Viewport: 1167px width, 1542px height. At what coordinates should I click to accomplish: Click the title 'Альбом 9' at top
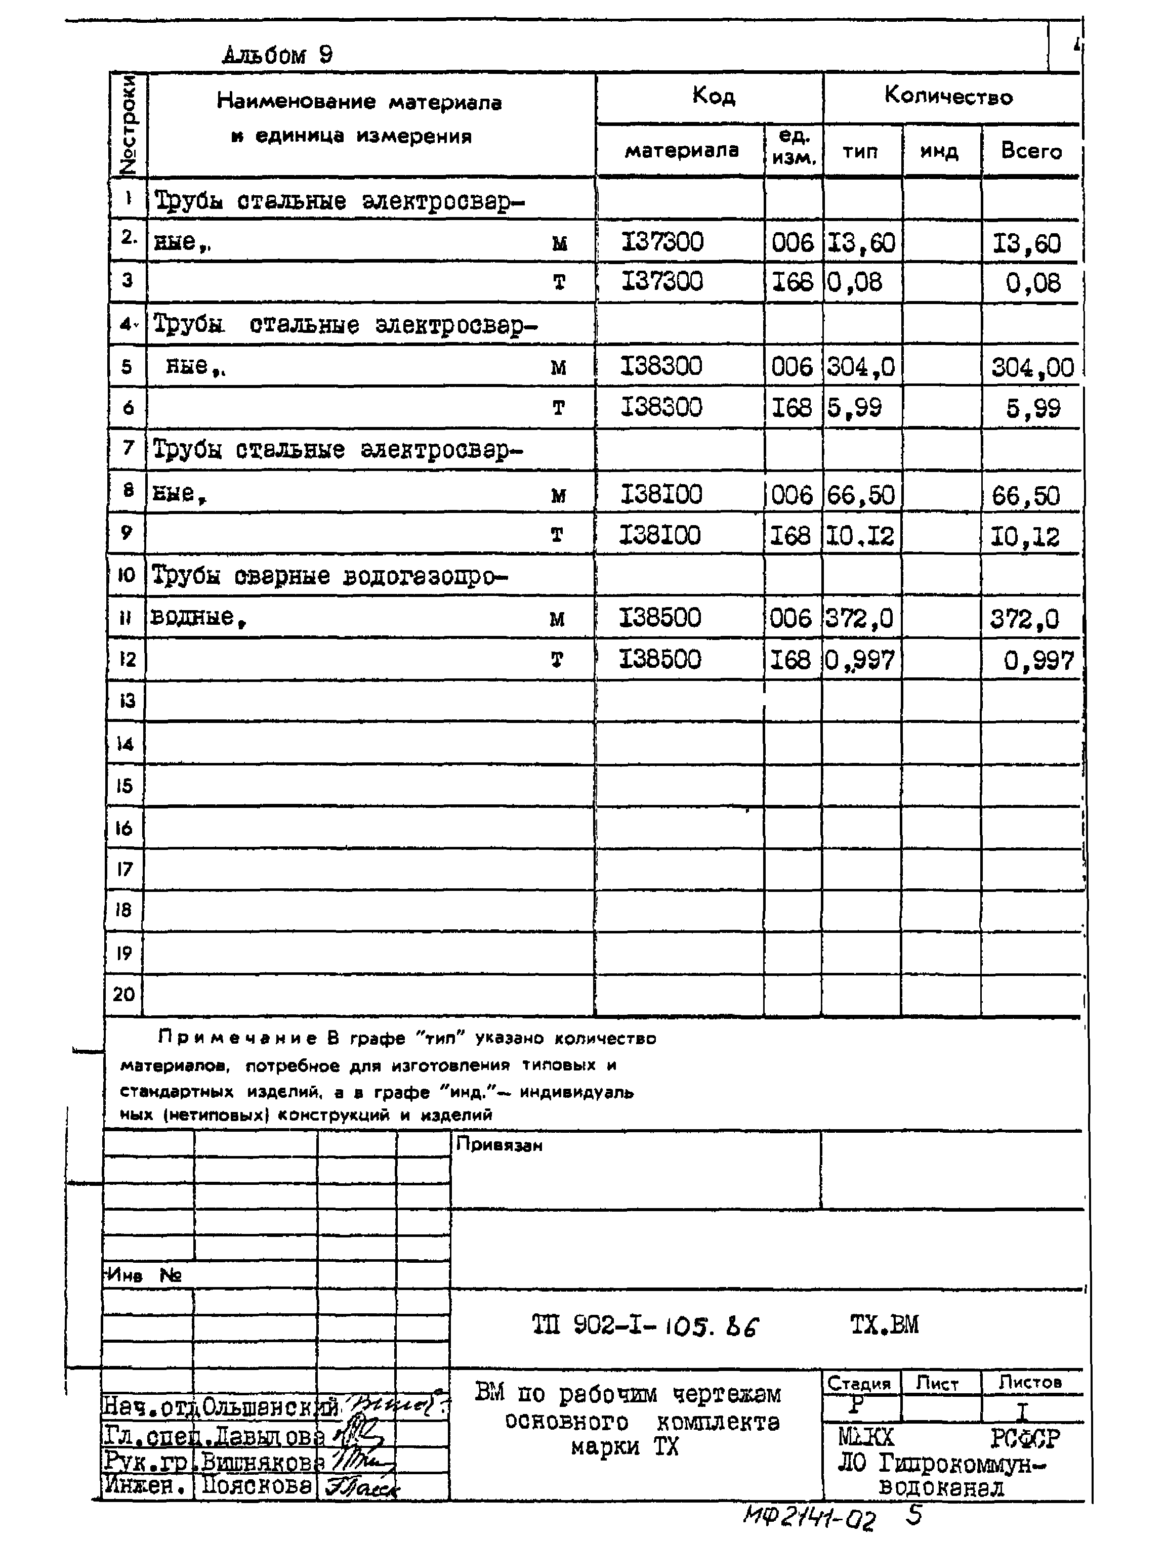[277, 54]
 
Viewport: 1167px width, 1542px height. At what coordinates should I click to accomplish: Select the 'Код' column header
[713, 96]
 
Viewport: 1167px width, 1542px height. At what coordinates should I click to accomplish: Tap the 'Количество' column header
[948, 96]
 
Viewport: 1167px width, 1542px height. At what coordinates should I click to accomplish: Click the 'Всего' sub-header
[1030, 151]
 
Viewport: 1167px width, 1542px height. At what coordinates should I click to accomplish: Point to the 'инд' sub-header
[939, 151]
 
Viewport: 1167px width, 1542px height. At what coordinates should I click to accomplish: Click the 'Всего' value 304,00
[1032, 367]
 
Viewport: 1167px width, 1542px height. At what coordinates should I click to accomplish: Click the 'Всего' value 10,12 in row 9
[1025, 536]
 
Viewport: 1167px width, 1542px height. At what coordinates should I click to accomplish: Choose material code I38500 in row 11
[659, 618]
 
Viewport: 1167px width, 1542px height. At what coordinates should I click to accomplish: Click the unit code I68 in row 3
[792, 282]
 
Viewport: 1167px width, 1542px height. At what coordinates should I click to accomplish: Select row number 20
[123, 994]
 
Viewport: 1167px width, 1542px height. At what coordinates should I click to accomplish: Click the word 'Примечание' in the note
[237, 1038]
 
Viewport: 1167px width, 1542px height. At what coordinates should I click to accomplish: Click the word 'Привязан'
[498, 1145]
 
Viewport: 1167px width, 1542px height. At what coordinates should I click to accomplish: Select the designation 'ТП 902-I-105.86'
[644, 1325]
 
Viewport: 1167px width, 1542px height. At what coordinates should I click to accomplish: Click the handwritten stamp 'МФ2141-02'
[809, 1516]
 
